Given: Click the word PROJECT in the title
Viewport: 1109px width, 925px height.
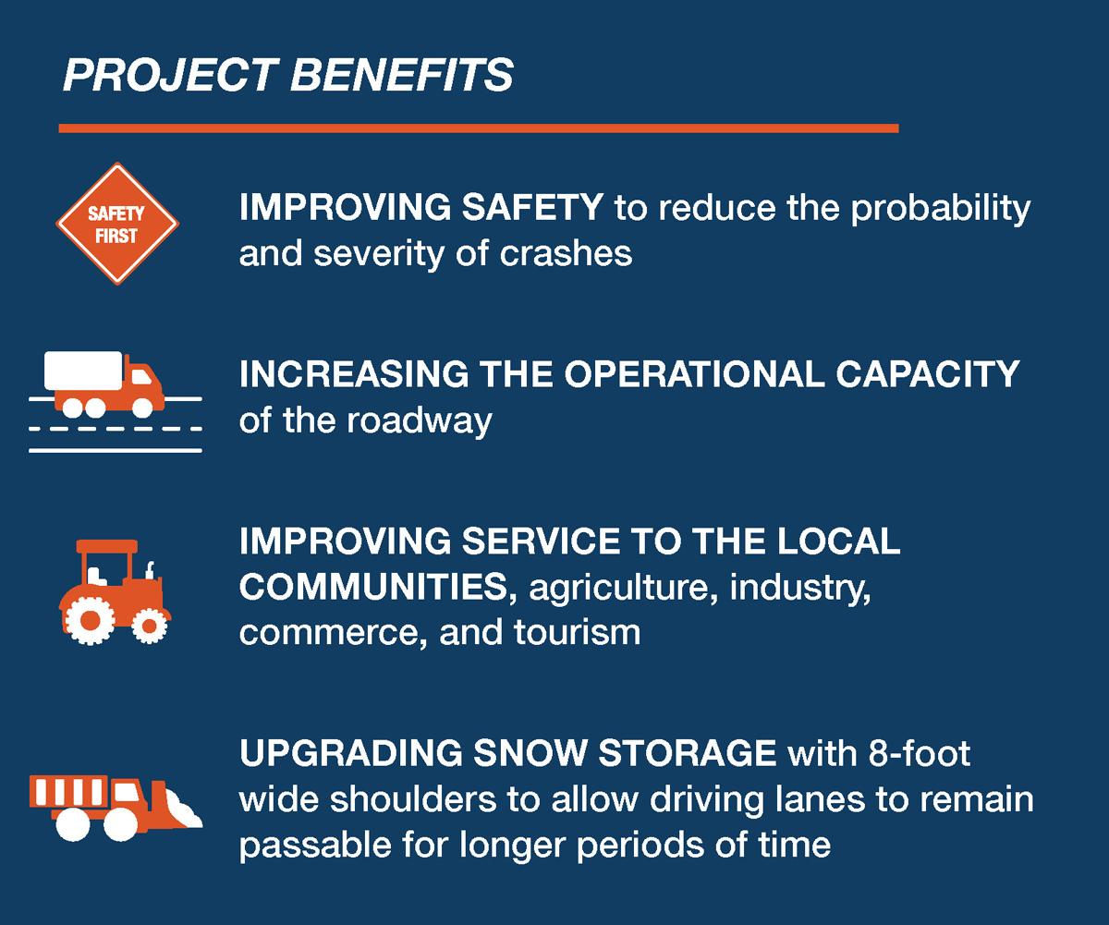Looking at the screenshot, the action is [170, 75].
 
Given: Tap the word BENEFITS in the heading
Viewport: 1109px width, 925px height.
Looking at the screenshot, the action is [402, 75].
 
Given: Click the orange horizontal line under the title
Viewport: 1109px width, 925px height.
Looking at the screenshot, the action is [479, 128].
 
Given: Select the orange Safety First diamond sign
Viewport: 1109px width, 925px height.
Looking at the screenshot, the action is [117, 224].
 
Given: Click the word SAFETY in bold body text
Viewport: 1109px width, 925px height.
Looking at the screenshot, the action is [532, 207].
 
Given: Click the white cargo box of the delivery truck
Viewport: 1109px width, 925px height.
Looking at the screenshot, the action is [83, 371].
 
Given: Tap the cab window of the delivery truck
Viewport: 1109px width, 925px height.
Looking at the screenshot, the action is [141, 376].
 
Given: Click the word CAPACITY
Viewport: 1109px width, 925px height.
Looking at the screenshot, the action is [927, 374].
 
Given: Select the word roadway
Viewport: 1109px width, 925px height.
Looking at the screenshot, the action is [420, 421].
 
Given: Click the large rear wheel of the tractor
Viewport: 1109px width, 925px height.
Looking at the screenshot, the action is [90, 620].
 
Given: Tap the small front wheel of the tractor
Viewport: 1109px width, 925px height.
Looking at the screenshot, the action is [149, 626].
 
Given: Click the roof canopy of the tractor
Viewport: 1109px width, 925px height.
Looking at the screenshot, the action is [107, 546].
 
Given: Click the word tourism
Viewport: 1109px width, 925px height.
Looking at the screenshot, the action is [577, 632].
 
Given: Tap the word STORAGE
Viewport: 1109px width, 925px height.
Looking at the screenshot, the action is [688, 753].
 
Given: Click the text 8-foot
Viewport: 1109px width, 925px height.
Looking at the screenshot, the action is [920, 753].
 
